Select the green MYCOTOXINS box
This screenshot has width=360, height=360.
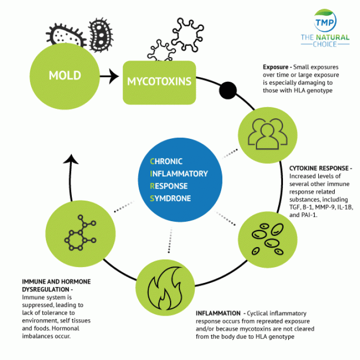(158, 82)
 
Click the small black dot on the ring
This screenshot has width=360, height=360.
(228, 90)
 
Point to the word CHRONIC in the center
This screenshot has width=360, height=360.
(168, 162)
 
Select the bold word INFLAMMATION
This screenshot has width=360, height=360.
(218, 313)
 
